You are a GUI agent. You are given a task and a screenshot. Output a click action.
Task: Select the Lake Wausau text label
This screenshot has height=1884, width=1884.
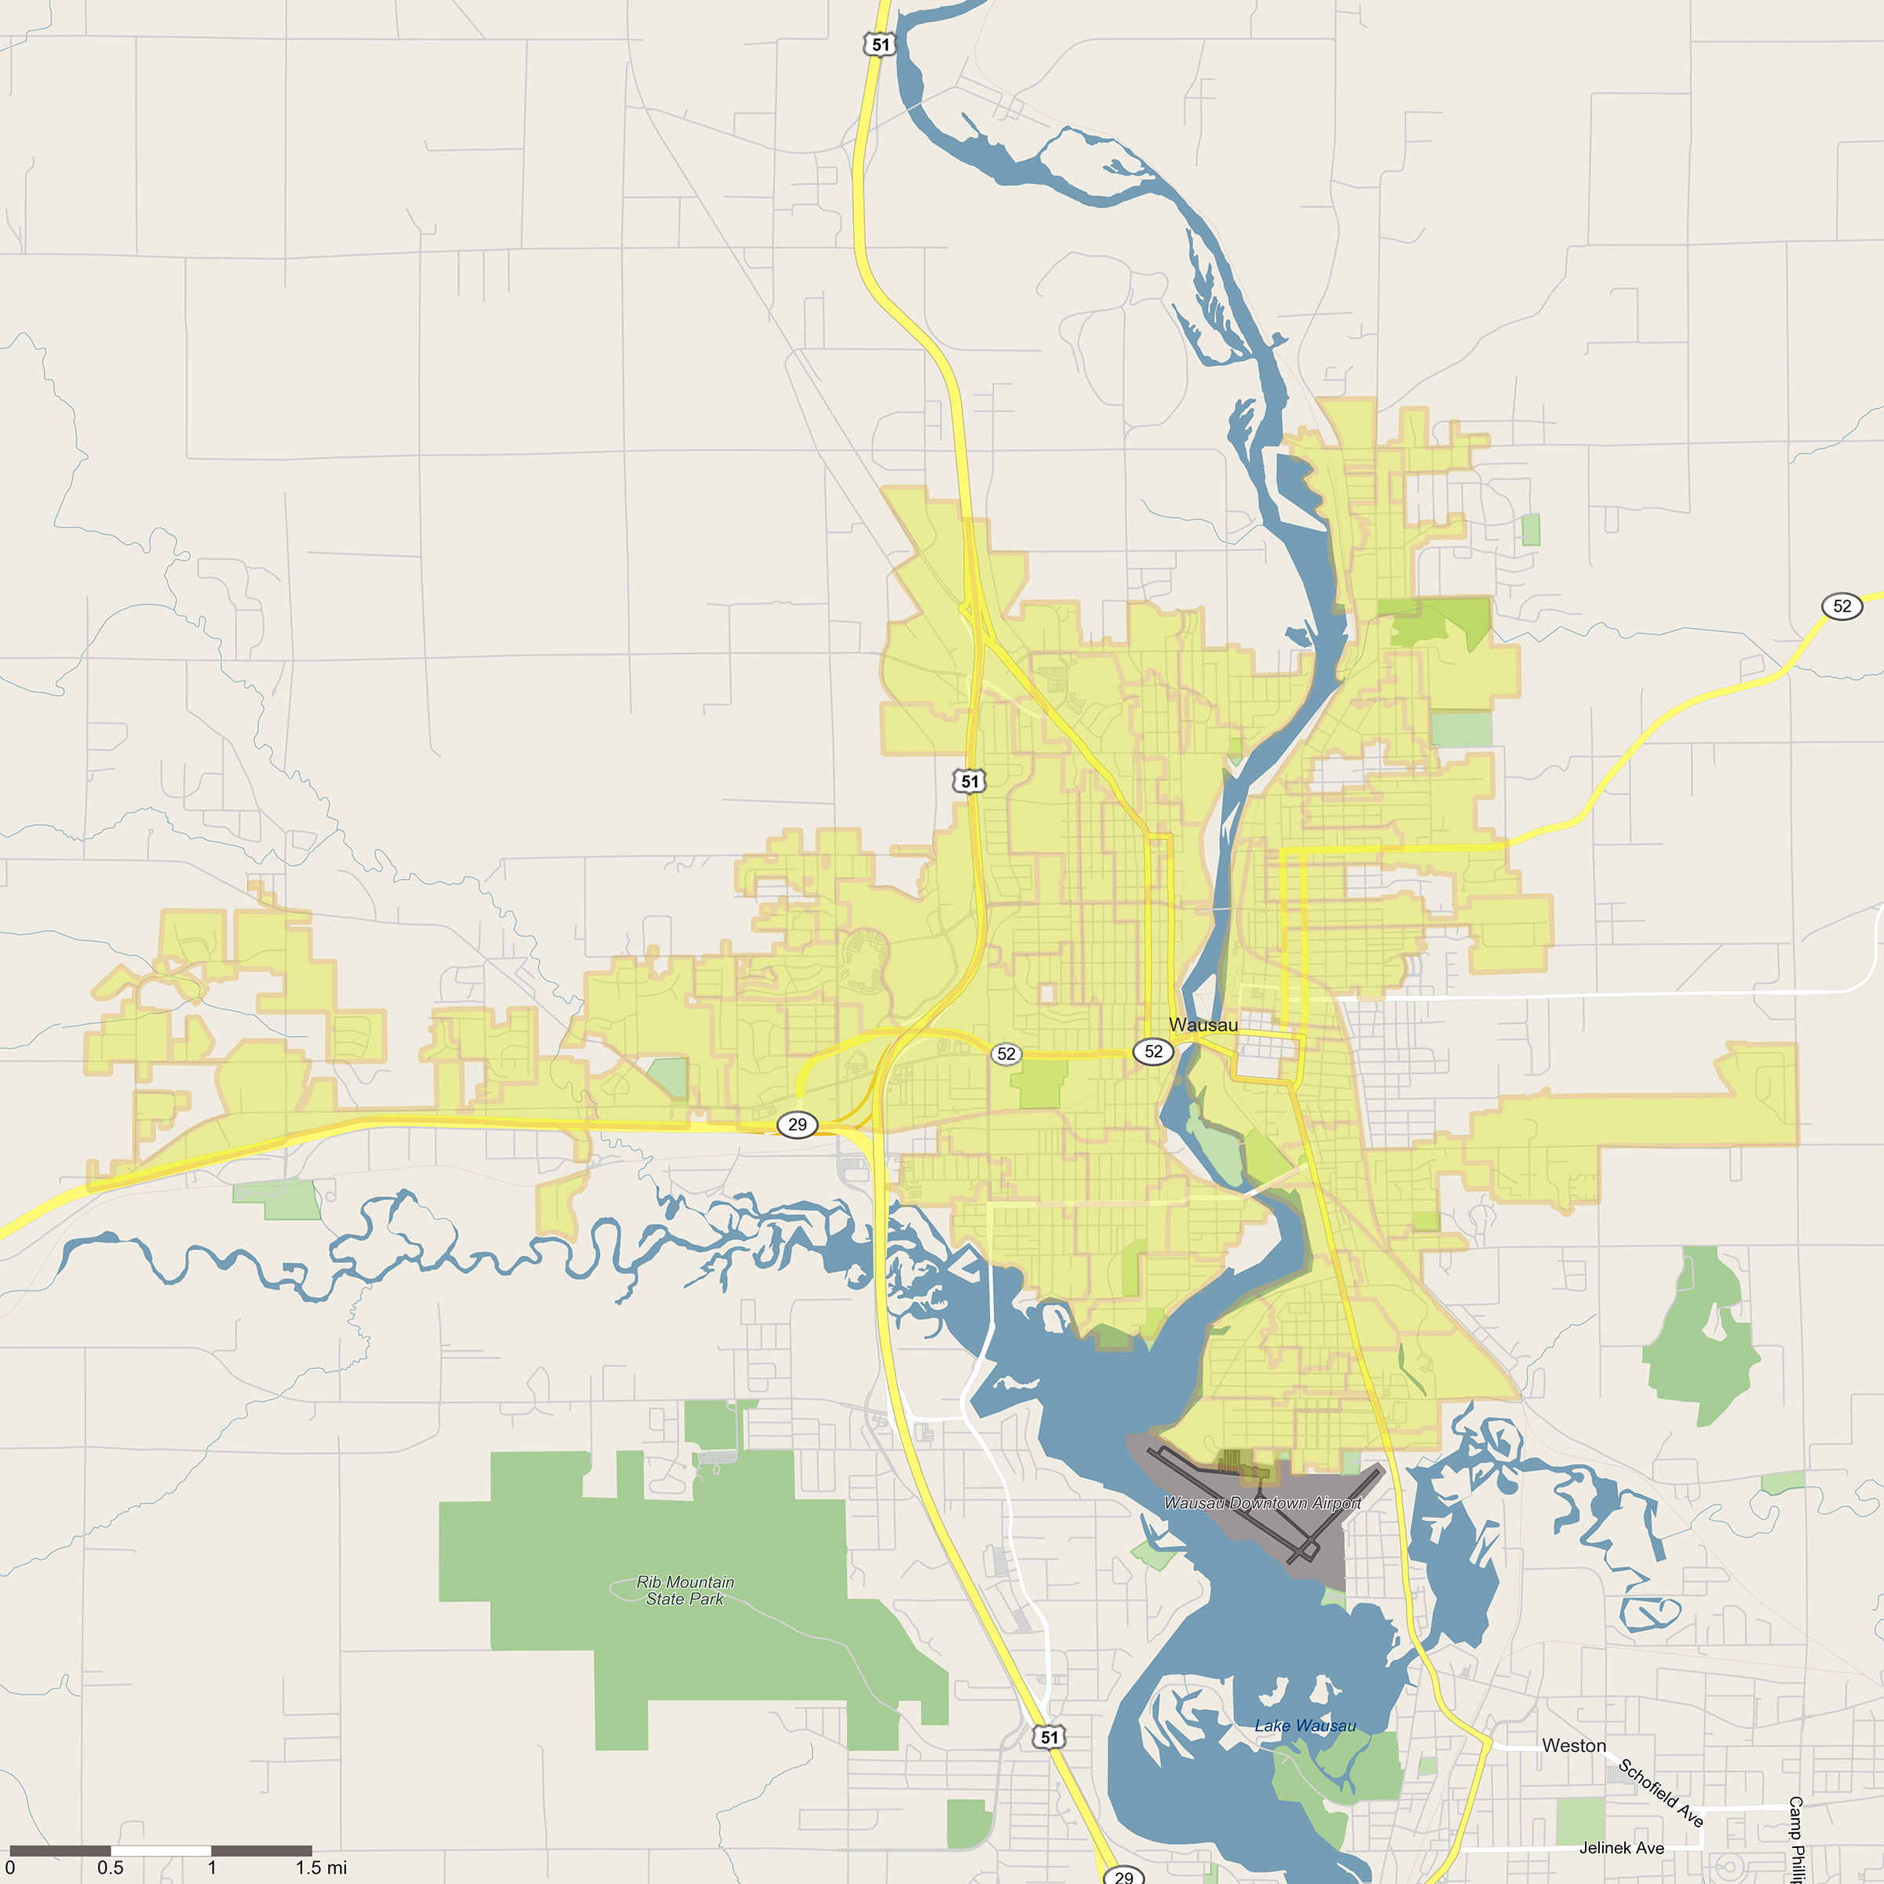tap(1305, 1725)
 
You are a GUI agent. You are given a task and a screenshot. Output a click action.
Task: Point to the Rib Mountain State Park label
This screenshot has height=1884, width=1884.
tap(685, 1590)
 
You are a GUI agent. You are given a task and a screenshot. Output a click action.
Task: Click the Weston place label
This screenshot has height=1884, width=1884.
tap(1573, 1746)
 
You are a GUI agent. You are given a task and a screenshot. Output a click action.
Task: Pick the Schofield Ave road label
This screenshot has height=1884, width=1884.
tap(1661, 1791)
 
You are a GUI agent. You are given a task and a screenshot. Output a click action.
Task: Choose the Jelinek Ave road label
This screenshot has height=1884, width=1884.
tap(1621, 1847)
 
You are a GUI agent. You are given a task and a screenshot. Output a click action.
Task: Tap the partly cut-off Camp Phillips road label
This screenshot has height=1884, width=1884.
tap(1795, 1839)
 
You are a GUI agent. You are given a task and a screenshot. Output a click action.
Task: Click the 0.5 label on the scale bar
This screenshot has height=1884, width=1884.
tap(110, 1868)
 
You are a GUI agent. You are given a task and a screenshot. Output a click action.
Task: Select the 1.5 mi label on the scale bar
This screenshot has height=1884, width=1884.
tap(321, 1868)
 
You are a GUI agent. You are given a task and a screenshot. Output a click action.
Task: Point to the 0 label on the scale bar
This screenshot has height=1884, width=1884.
tap(9, 1868)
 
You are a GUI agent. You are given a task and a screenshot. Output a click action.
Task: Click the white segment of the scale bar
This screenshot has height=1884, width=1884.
tap(161, 1850)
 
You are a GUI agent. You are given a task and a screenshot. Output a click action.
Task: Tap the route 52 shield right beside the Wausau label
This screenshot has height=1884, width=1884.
tap(1152, 1051)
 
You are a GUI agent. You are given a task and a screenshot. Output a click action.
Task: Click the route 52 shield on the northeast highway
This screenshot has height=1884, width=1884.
tap(1841, 605)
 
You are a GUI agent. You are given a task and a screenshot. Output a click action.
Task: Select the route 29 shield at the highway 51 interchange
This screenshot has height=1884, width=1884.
tap(797, 1124)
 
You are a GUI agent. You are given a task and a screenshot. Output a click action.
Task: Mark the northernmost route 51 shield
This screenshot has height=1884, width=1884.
tap(879, 45)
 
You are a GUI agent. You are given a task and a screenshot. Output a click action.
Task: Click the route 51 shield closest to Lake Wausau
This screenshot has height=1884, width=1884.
tap(1048, 1736)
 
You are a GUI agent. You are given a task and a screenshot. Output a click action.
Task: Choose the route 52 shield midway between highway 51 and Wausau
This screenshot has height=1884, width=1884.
tap(1006, 1053)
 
